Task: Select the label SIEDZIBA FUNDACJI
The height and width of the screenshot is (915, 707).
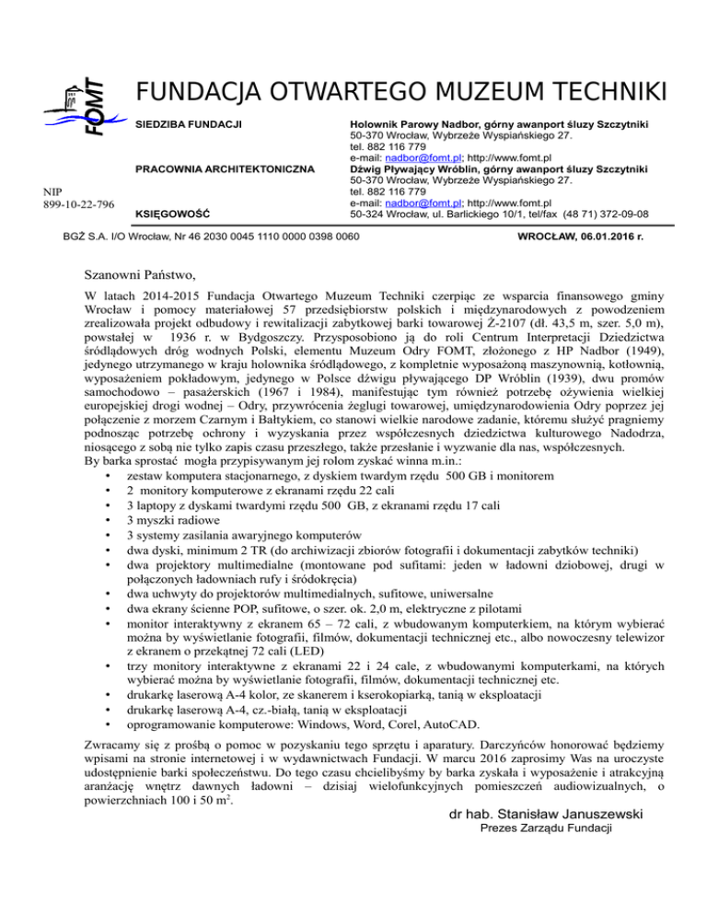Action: tap(189, 124)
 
